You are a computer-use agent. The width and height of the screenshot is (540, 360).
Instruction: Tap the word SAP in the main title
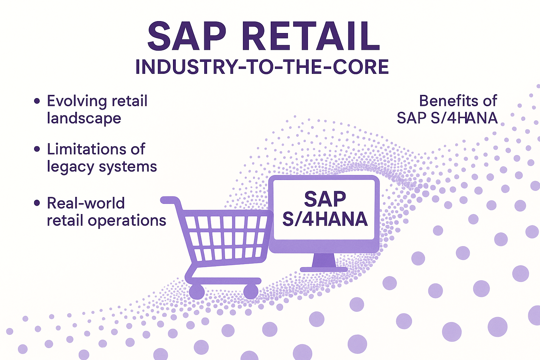point(187,36)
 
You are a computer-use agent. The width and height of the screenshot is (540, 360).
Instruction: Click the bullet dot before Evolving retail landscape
point(37,101)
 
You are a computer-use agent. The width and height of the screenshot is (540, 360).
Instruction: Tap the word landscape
point(84,118)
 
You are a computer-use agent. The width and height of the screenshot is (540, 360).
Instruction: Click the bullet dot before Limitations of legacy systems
point(37,149)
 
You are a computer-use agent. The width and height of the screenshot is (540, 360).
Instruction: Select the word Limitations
point(86,149)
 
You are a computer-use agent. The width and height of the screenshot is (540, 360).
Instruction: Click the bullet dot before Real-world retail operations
point(37,203)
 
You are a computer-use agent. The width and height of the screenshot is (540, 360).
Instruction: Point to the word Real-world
point(85,203)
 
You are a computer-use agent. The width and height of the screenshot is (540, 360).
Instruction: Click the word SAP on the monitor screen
point(325,199)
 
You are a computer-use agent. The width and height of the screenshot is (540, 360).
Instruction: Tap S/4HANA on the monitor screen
point(325,219)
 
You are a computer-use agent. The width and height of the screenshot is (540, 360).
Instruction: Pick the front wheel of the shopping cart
point(251,291)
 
